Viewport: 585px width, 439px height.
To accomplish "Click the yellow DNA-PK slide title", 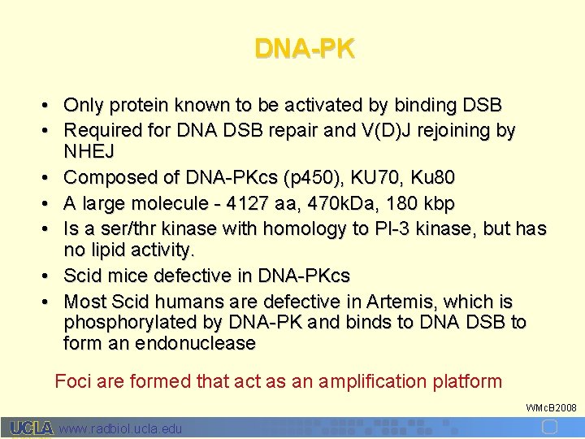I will click(x=305, y=49).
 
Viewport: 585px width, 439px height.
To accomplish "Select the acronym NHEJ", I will click(x=89, y=152).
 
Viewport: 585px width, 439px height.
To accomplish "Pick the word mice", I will click(x=123, y=275).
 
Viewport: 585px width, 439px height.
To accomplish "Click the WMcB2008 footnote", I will click(x=551, y=407).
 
